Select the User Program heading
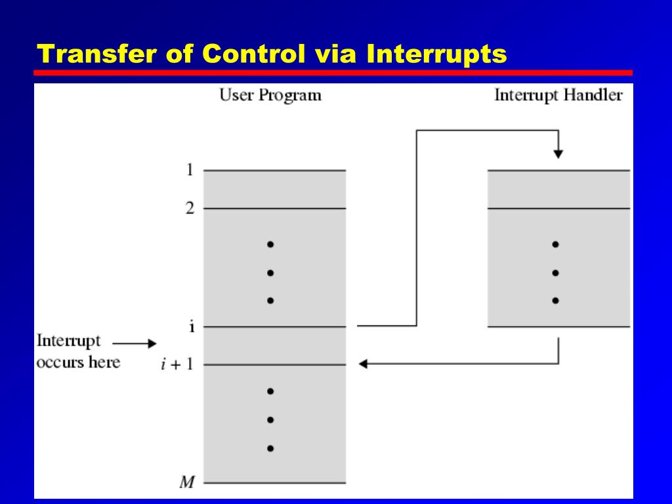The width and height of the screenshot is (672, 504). pos(270,95)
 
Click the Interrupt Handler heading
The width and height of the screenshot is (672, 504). pos(558,95)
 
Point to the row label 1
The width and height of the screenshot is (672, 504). pos(190,171)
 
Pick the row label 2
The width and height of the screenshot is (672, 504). pos(190,209)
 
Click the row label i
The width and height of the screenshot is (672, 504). pos(191,327)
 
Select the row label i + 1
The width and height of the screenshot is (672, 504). pos(177,365)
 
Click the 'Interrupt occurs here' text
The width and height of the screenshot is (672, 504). pos(77,352)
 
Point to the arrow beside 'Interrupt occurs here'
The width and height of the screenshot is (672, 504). pos(135,343)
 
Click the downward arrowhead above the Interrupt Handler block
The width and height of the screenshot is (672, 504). pos(558,154)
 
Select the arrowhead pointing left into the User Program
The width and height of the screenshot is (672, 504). pos(363,364)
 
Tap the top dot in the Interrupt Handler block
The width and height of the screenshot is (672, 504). pos(555,244)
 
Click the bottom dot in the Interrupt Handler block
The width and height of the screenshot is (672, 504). pos(555,301)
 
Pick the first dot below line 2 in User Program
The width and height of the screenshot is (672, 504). pos(270,244)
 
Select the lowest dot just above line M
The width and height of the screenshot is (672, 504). pos(270,449)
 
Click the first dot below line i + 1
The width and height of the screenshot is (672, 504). pos(270,391)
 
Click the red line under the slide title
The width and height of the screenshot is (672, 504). pos(333,73)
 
